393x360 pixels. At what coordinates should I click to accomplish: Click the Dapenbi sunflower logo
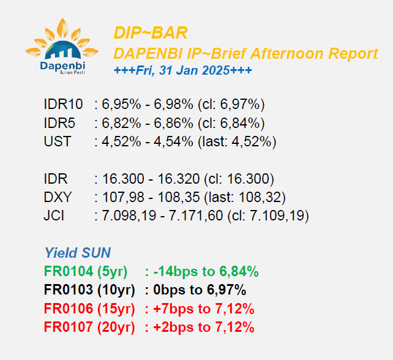coord(62,47)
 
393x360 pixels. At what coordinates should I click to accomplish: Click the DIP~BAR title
coord(151,33)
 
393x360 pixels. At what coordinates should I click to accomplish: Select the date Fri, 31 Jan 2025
coord(183,70)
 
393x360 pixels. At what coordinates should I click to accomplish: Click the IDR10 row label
coord(63,104)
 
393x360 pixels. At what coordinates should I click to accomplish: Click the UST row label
coord(58,141)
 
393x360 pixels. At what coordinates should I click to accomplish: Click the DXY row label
coord(58,197)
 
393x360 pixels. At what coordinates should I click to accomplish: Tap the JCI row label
coord(54,216)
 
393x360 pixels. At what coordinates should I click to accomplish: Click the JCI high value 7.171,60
coord(196,216)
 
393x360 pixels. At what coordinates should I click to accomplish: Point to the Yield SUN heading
coord(78,252)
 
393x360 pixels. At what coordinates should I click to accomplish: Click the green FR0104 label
coord(69,271)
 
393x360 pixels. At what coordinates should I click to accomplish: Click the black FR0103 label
coord(69,290)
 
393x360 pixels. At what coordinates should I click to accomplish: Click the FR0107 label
coord(69,327)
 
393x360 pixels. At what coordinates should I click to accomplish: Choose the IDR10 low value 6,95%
coord(121,104)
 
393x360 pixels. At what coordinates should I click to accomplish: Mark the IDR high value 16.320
coord(179,179)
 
